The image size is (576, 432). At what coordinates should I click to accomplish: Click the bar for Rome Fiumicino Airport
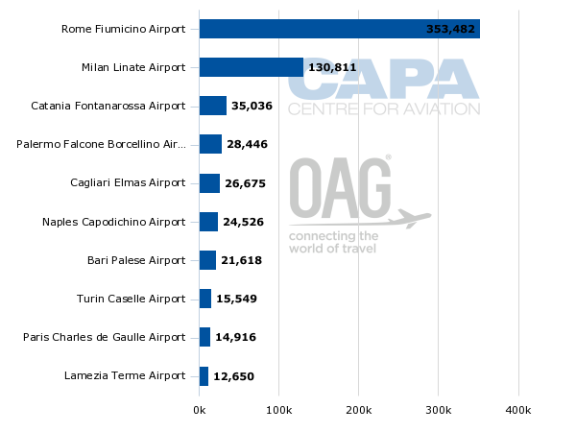(339, 29)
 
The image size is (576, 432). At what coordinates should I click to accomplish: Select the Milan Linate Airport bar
(252, 67)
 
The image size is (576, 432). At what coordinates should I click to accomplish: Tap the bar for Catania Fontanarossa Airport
(212, 106)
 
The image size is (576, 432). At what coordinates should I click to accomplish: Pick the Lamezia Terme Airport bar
(204, 375)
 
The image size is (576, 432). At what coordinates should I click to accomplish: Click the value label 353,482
(450, 30)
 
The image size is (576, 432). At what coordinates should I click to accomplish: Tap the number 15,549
(236, 299)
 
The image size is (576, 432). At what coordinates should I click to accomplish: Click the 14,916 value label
(235, 337)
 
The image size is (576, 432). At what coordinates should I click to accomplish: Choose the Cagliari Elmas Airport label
(128, 182)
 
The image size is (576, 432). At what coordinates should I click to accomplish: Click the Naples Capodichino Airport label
(113, 222)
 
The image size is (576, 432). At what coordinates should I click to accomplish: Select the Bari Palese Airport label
(136, 260)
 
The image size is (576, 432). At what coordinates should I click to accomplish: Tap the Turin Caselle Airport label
(131, 299)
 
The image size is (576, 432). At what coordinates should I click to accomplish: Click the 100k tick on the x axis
(278, 411)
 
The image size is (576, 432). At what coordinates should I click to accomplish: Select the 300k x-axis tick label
(438, 411)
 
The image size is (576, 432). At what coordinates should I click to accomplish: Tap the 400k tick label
(518, 411)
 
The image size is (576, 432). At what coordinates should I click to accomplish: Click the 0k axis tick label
(199, 411)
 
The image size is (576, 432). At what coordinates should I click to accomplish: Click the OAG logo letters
(341, 188)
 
